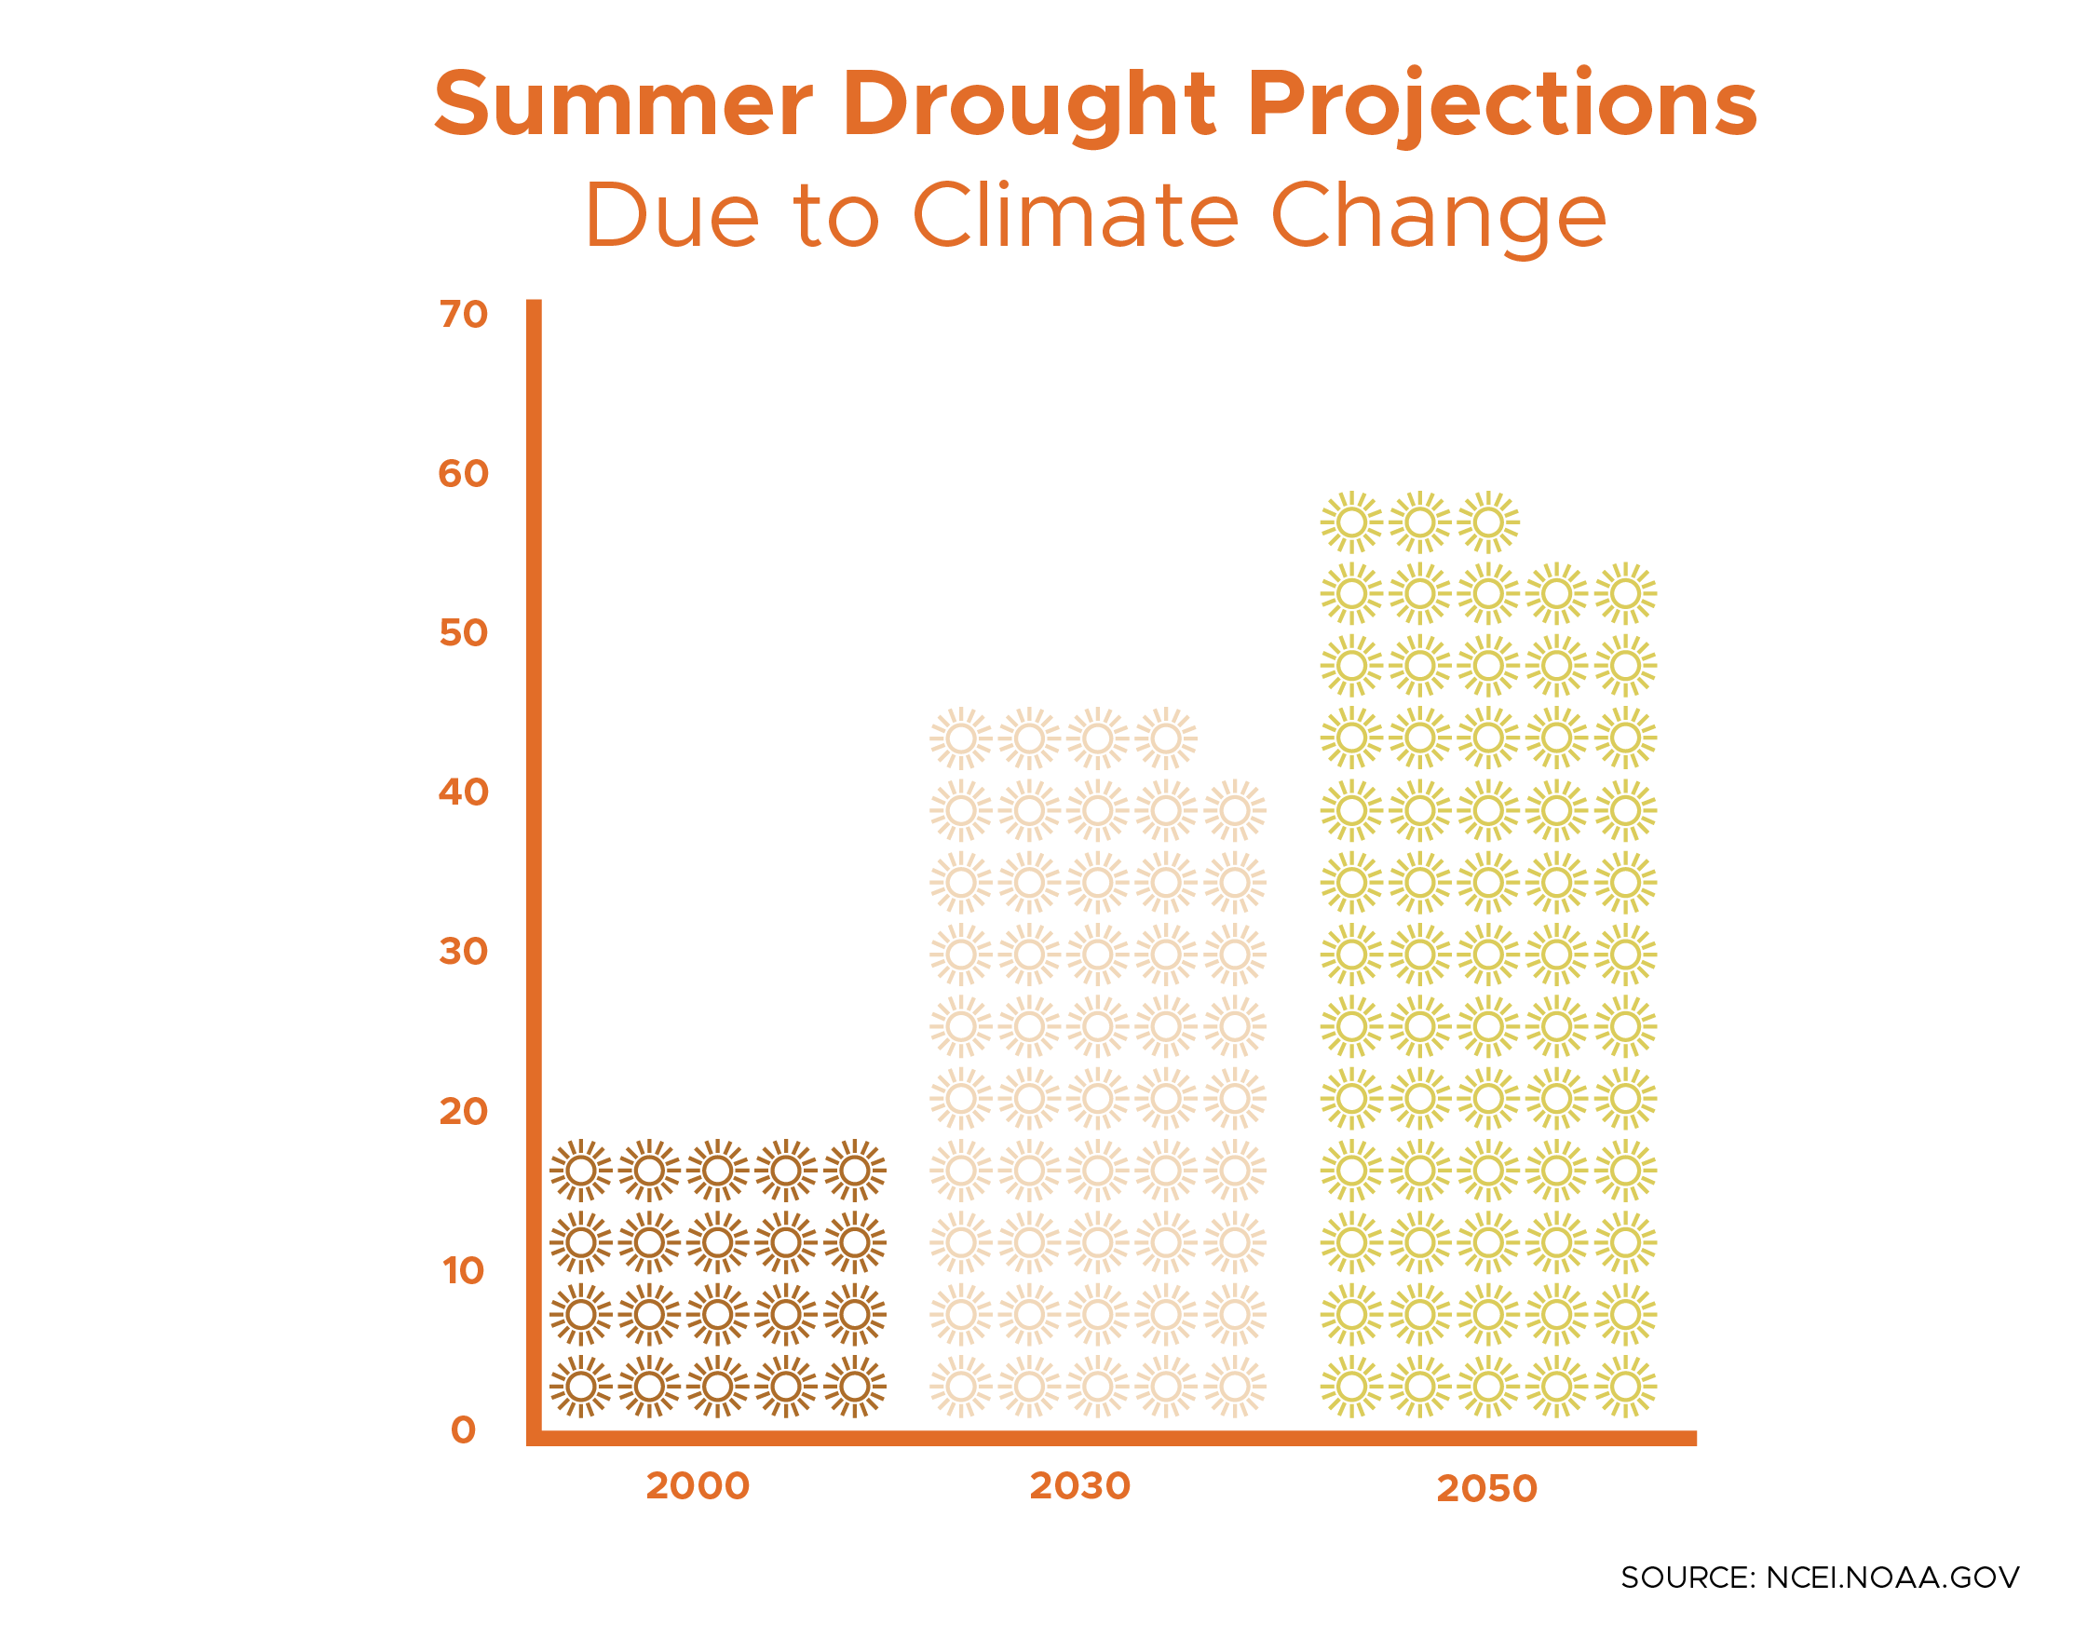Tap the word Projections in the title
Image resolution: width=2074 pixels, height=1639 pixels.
(1501, 105)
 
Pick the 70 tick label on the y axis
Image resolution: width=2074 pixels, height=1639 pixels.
(464, 315)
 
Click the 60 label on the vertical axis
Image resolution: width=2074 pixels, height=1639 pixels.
(464, 474)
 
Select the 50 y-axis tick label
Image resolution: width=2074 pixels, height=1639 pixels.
(464, 633)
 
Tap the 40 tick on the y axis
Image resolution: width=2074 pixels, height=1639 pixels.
(464, 792)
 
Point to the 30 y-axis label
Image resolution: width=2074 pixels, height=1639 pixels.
(464, 952)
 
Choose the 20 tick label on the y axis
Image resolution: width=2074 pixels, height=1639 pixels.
(464, 1112)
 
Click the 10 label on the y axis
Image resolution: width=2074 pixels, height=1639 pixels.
(464, 1271)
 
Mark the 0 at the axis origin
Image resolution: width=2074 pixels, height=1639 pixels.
(464, 1429)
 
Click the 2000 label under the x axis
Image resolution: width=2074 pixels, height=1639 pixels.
(697, 1486)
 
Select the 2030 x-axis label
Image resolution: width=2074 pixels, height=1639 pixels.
(1079, 1486)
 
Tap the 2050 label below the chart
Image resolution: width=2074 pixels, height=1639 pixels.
(1486, 1489)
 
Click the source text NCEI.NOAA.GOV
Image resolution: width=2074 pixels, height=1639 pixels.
(1891, 1578)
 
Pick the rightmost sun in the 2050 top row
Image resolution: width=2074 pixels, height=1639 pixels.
(1487, 522)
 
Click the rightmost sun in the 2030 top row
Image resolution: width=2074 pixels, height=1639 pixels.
(1166, 738)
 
